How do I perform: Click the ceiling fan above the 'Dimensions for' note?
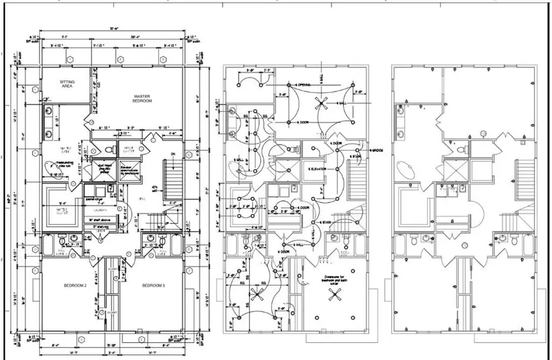coord(335,294)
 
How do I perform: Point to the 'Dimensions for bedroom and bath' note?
coord(333,279)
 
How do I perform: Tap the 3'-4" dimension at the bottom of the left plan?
coord(110,353)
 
